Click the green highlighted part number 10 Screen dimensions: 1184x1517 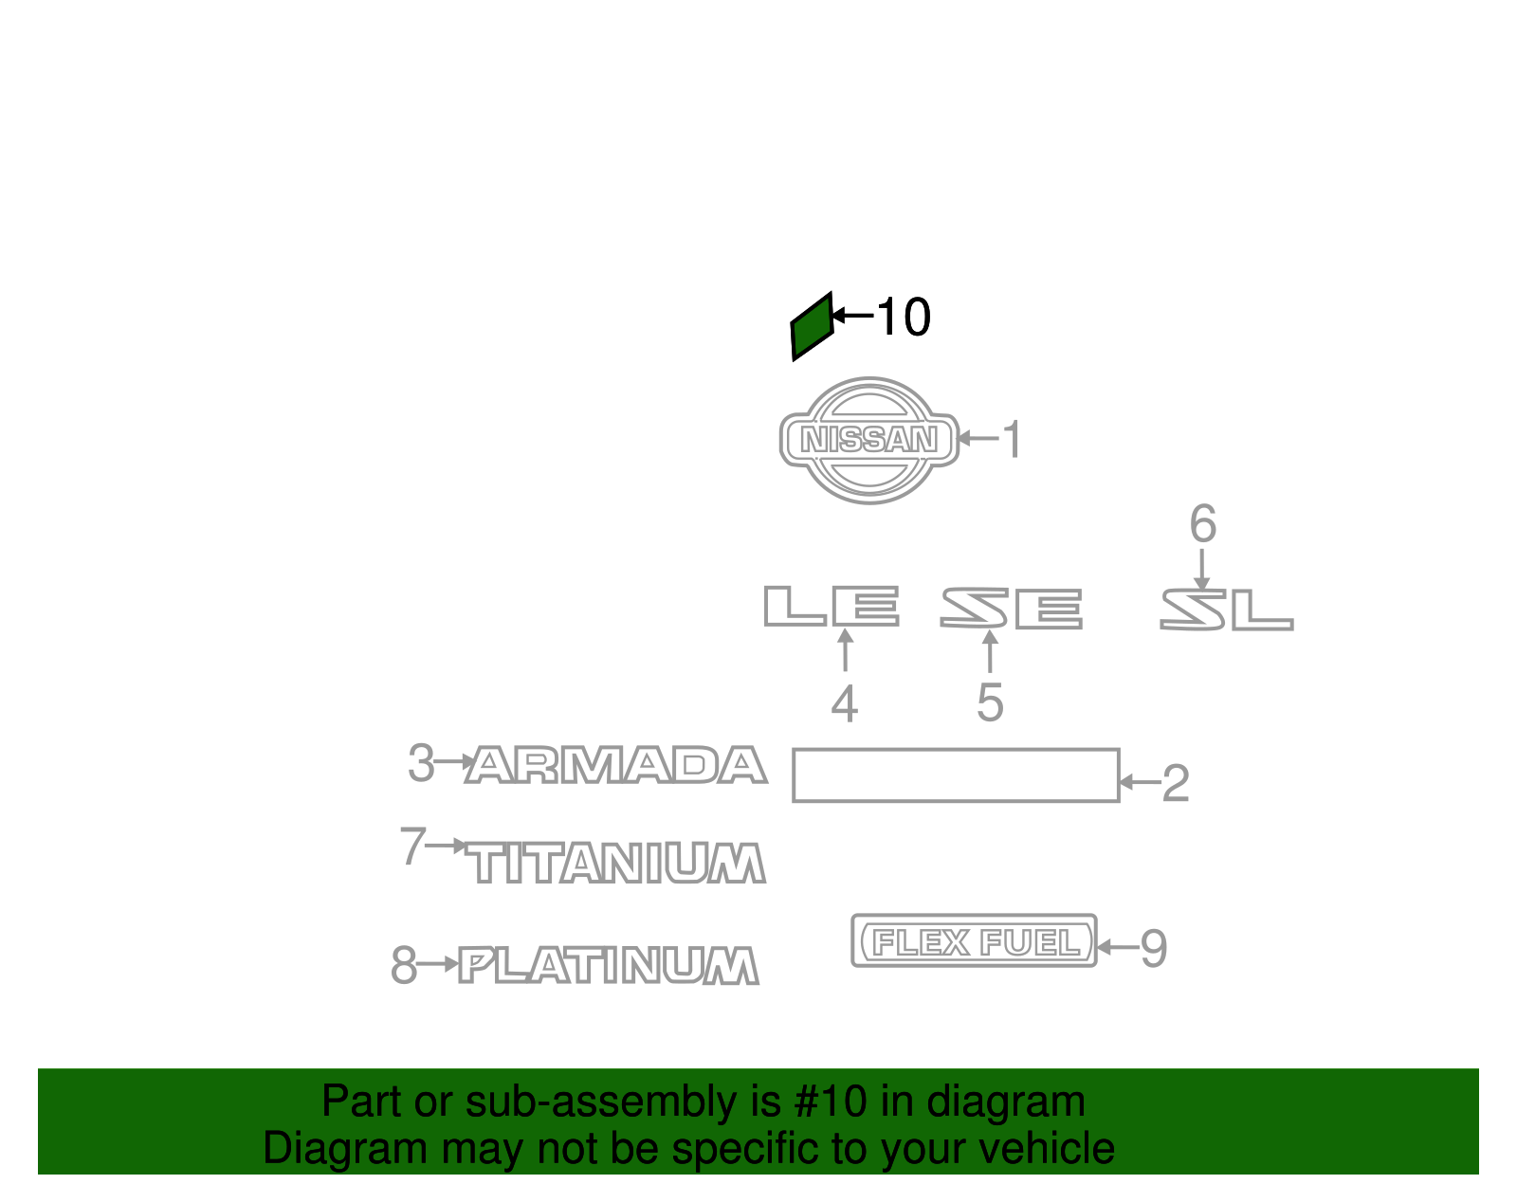pos(812,326)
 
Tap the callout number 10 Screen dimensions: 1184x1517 pos(903,317)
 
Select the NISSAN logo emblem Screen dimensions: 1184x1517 pos(869,440)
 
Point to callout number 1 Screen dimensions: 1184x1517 pos(1013,440)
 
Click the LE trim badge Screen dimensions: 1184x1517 pos(832,606)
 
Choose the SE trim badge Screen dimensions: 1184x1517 pos(1011,608)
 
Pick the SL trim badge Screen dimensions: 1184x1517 pos(1226,610)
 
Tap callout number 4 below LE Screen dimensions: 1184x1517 pos(844,704)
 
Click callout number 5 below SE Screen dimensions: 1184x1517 pos(990,703)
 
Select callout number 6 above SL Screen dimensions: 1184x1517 pos(1202,524)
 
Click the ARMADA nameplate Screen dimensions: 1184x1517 pos(616,765)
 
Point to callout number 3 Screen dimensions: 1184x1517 pos(420,762)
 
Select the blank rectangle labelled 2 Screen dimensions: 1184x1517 pos(956,775)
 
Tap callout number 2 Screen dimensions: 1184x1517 pos(1175,784)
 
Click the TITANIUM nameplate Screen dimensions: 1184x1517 pos(618,864)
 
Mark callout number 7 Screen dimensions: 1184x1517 pos(412,846)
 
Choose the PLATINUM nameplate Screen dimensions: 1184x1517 pos(609,966)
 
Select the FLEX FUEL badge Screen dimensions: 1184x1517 pos(974,941)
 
